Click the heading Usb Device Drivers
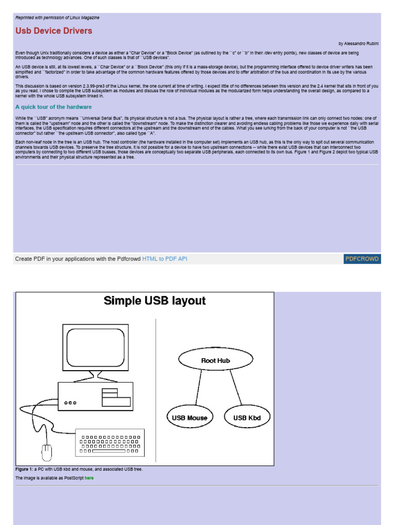pyautogui.click(x=54, y=31)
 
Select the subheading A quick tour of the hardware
pyautogui.click(x=53, y=107)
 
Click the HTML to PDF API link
pyautogui.click(x=165, y=259)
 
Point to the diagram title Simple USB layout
pyautogui.click(x=154, y=301)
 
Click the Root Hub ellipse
pyautogui.click(x=215, y=360)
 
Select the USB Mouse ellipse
pyautogui.click(x=190, y=417)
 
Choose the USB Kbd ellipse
pyautogui.click(x=247, y=417)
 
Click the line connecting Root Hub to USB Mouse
pyautogui.click(x=196, y=388)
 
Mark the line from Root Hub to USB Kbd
pyautogui.click(x=236, y=388)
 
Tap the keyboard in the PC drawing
pyautogui.click(x=110, y=442)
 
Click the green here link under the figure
pyautogui.click(x=89, y=478)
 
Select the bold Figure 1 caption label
pyautogui.click(x=24, y=469)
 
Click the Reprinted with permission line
pyautogui.click(x=57, y=17)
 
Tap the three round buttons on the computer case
pyautogui.click(x=70, y=403)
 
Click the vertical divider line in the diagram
pyautogui.click(x=156, y=390)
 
